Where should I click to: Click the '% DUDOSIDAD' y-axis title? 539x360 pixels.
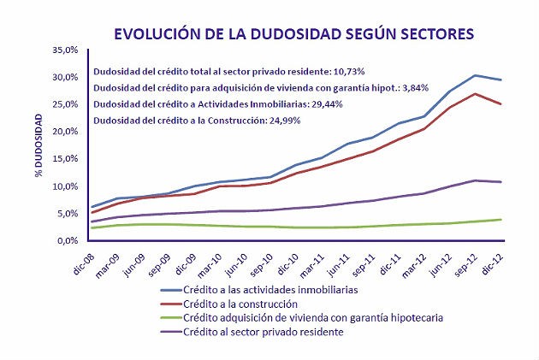pyautogui.click(x=39, y=145)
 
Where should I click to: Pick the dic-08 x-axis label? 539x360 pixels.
pyautogui.click(x=83, y=260)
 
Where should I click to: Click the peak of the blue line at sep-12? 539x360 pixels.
pyautogui.click(x=476, y=75)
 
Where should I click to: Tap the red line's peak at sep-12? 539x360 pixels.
pyautogui.click(x=476, y=93)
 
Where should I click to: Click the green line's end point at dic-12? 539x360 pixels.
pyautogui.click(x=500, y=220)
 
